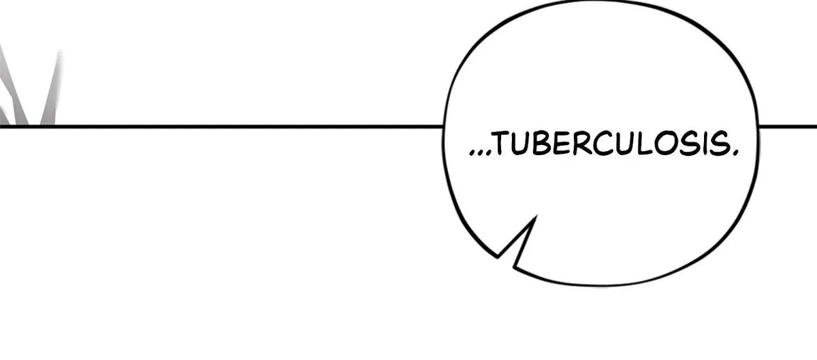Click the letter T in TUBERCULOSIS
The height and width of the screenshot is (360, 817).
(x=504, y=144)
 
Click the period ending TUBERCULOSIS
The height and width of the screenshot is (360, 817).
(x=735, y=153)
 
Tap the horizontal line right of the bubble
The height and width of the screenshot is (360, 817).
(x=788, y=127)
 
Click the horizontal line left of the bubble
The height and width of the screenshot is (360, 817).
(x=221, y=127)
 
